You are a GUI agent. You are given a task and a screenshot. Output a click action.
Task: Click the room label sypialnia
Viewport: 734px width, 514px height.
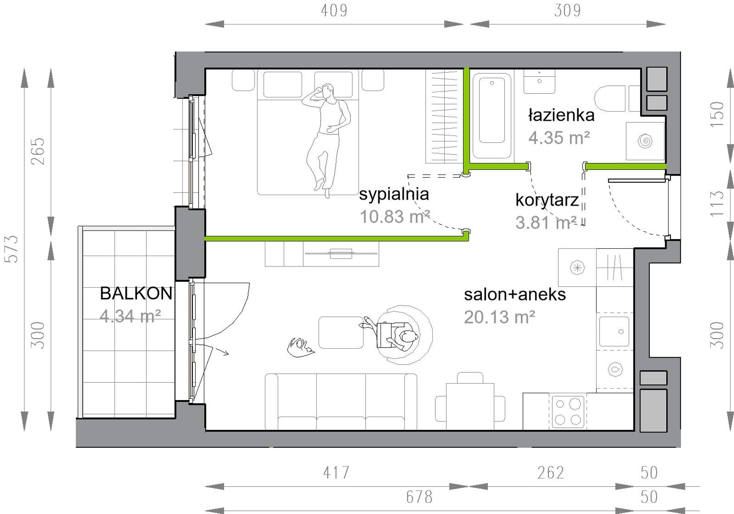[394, 194]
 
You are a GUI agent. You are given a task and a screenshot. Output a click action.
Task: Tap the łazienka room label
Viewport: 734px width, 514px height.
[561, 115]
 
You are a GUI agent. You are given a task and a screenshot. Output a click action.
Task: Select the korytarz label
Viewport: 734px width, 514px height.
[547, 200]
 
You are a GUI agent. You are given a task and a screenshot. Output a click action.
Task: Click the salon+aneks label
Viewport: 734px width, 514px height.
[515, 295]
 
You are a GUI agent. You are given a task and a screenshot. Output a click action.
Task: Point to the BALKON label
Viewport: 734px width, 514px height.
[136, 293]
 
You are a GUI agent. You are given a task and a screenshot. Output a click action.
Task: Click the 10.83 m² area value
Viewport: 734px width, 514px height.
[394, 217]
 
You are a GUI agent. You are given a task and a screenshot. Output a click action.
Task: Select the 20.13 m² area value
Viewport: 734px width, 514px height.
[500, 317]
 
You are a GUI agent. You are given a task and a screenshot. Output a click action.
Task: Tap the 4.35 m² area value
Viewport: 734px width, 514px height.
[559, 138]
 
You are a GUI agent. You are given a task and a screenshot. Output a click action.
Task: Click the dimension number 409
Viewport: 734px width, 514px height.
[334, 10]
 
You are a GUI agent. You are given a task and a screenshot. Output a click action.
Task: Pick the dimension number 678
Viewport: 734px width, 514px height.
[419, 497]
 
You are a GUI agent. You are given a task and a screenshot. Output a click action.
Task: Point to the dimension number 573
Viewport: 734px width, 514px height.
[12, 249]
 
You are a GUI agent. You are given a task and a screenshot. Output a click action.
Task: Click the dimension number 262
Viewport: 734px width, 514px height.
[551, 473]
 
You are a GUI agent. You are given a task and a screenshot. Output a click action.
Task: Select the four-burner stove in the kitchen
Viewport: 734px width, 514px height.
[568, 412]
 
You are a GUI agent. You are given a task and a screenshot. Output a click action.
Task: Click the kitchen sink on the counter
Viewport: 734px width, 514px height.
[614, 331]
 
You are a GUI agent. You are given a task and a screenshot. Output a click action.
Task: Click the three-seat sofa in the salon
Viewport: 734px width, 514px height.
[341, 402]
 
